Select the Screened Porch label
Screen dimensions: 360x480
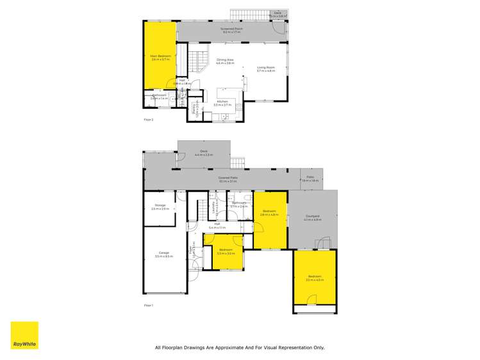coord(231,29)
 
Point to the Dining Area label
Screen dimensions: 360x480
coord(224,61)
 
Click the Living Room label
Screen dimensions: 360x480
coord(265,69)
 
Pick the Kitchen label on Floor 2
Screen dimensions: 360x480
coord(222,102)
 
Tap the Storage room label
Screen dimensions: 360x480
coord(160,206)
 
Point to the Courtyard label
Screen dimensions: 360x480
coord(312,218)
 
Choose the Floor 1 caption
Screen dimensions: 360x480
coord(149,306)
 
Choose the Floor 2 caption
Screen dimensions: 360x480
coord(149,119)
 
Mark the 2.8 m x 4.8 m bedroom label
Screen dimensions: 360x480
coord(269,212)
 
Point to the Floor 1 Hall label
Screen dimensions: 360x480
coord(217,225)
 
